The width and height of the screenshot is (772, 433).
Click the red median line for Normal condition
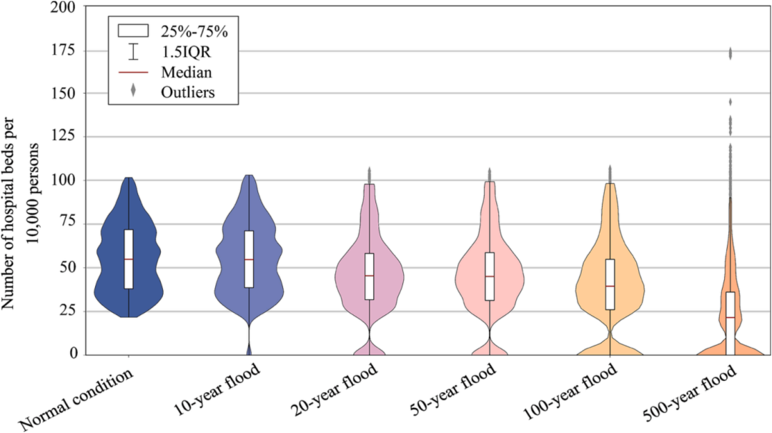point(129,259)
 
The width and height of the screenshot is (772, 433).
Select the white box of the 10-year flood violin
point(249,259)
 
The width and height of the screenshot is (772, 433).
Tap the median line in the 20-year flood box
point(370,276)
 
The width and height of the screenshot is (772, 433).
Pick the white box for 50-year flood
point(490,276)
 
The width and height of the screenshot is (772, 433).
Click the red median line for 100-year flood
point(610,286)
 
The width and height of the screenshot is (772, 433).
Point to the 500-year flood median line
point(730,317)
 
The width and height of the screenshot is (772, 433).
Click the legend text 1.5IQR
point(186,51)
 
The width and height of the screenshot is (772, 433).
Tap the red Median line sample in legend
point(133,72)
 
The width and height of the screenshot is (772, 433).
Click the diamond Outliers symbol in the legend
point(133,91)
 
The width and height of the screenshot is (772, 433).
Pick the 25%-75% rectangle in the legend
point(133,31)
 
